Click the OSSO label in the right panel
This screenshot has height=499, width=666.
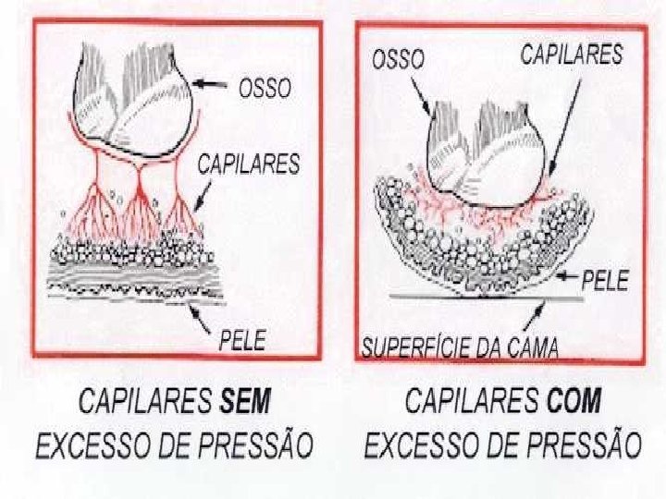pyautogui.click(x=398, y=59)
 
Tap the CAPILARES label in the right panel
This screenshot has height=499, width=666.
pyautogui.click(x=572, y=55)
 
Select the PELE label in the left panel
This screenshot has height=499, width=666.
pyautogui.click(x=242, y=340)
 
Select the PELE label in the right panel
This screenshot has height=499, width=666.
pyautogui.click(x=605, y=281)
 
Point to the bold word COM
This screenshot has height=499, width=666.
pyautogui.click(x=573, y=402)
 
